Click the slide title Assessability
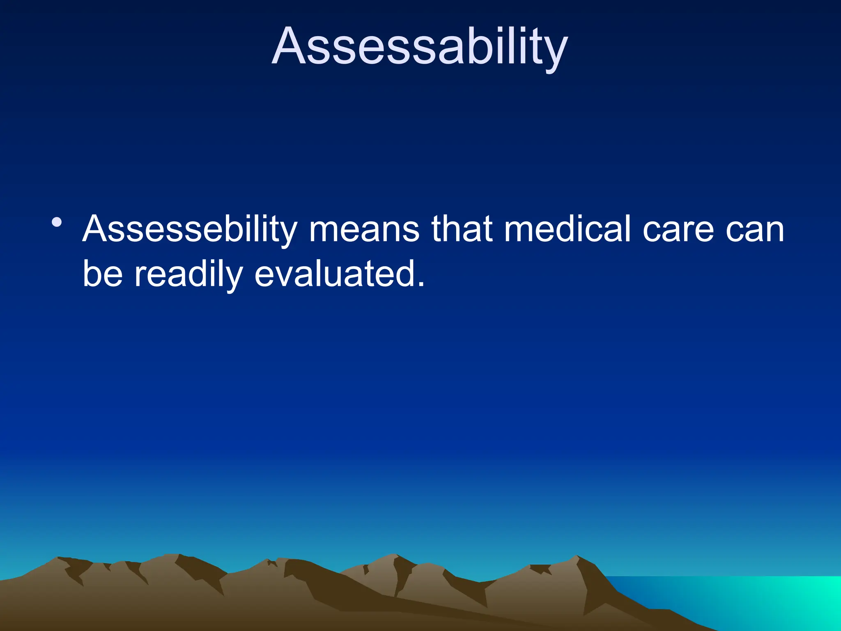point(420,46)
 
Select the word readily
point(188,275)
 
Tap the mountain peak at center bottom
point(395,555)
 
